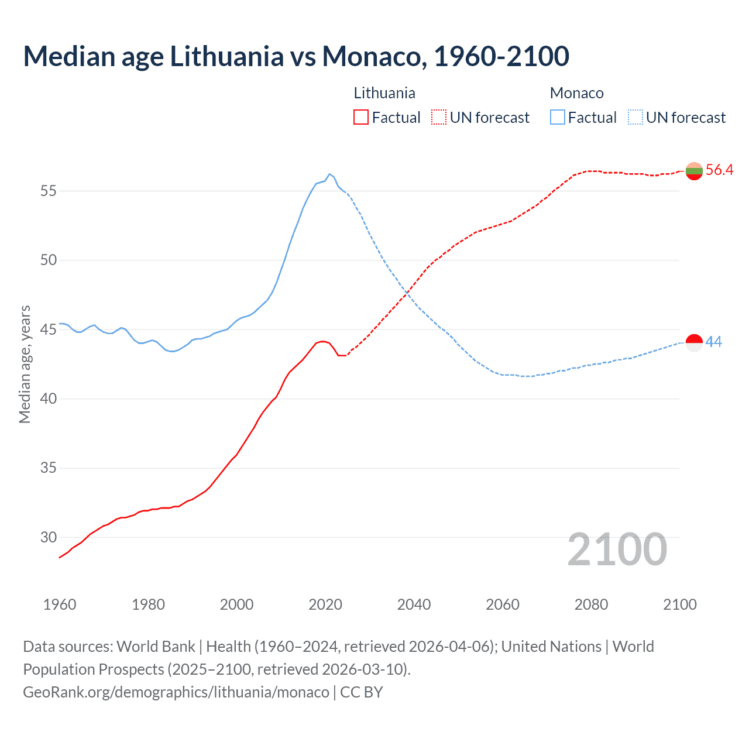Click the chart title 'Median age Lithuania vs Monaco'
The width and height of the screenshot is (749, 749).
click(x=296, y=57)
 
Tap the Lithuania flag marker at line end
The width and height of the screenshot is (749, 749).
click(x=694, y=171)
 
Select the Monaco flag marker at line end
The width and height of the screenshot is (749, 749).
click(x=694, y=342)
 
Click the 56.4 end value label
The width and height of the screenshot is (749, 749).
click(x=719, y=170)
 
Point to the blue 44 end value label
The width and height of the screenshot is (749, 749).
click(x=714, y=342)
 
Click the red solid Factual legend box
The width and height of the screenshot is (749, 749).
click(x=361, y=118)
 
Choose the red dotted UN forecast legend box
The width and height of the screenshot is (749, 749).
click(x=439, y=118)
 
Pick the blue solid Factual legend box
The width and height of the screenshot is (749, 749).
click(x=558, y=118)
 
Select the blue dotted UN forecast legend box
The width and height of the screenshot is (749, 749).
click(x=635, y=118)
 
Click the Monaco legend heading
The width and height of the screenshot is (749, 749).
click(x=576, y=93)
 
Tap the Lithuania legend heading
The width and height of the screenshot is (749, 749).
click(x=384, y=93)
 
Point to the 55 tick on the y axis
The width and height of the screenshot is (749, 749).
click(x=48, y=191)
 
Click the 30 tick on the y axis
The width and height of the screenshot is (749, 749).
click(x=48, y=537)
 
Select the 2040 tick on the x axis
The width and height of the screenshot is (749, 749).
click(x=414, y=604)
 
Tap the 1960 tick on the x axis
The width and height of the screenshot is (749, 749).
click(x=60, y=604)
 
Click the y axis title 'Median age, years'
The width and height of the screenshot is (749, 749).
click(x=25, y=364)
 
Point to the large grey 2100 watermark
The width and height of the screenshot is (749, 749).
click(x=617, y=549)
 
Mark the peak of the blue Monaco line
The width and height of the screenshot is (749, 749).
click(x=329, y=174)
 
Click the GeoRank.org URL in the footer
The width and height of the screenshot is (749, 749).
click(x=176, y=692)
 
